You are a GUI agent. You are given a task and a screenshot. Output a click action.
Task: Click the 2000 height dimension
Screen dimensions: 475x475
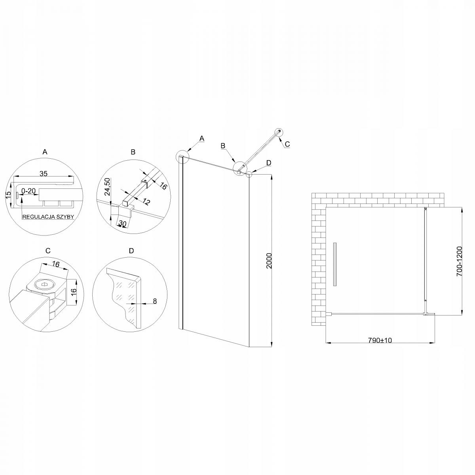coord(270,261)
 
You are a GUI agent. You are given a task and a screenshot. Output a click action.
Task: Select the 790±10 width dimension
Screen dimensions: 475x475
coord(380,340)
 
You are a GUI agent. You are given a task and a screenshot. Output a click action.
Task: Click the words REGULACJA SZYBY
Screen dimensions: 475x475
coord(48,217)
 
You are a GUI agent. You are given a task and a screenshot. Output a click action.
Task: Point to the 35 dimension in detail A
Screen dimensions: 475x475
coord(44,173)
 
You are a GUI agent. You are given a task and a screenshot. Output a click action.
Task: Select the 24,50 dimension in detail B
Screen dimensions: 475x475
coord(106,187)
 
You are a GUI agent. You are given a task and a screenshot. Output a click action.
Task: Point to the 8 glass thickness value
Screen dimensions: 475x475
coord(155,301)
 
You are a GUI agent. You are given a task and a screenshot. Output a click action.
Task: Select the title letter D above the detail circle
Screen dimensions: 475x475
coord(131,251)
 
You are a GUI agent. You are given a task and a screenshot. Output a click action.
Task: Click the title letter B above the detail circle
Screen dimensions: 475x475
coord(133,152)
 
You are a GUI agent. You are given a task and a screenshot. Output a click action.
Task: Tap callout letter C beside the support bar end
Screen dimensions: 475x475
coord(287,144)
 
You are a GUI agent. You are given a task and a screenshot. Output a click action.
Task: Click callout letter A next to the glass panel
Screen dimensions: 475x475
coord(201,139)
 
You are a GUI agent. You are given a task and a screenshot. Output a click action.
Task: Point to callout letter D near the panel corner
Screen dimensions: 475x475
coord(269,163)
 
